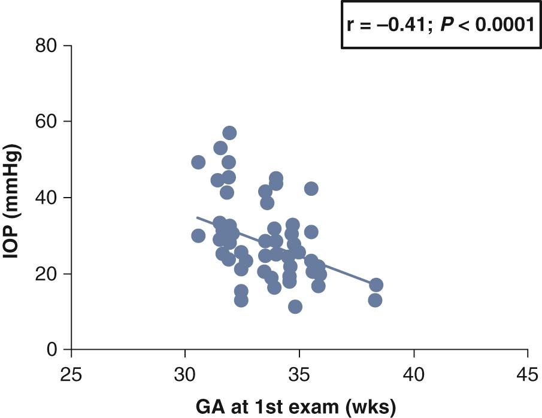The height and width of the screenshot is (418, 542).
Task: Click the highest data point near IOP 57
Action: coord(229,133)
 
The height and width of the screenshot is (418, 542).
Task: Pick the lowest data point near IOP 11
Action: coord(295,307)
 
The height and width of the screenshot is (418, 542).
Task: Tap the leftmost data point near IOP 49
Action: coord(198,162)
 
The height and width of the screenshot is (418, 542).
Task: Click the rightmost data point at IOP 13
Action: coord(376,300)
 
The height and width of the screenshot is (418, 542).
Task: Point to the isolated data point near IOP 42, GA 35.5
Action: coord(311,189)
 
